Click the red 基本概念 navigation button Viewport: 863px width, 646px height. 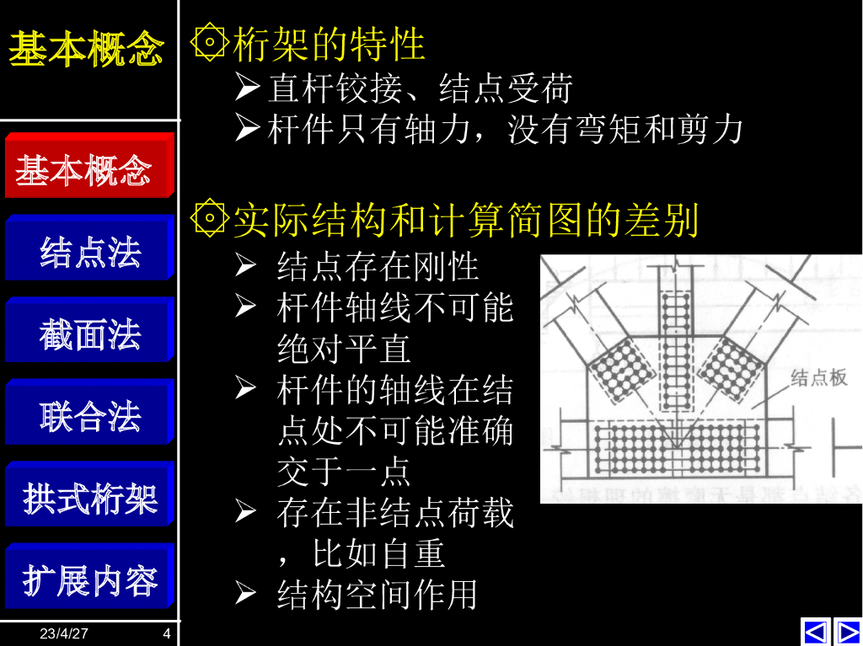pyautogui.click(x=88, y=168)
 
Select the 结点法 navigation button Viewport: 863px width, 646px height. pyautogui.click(x=88, y=250)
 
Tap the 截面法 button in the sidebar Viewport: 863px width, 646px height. pyautogui.click(x=88, y=333)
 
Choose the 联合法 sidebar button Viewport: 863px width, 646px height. pyautogui.click(x=88, y=414)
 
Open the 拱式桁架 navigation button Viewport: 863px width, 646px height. pyautogui.click(x=88, y=497)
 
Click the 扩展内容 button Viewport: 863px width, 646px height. pyautogui.click(x=88, y=579)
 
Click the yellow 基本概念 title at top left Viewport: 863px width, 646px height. pyautogui.click(x=85, y=49)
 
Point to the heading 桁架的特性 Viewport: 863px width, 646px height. pyautogui.click(x=329, y=44)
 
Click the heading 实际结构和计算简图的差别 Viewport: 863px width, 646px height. pyautogui.click(x=465, y=220)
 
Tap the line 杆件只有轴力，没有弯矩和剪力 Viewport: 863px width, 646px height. pyautogui.click(x=505, y=130)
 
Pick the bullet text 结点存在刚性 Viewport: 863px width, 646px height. pyautogui.click(x=378, y=266)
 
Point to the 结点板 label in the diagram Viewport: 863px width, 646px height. pyautogui.click(x=817, y=377)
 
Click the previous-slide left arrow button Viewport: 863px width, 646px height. pyautogui.click(x=815, y=631)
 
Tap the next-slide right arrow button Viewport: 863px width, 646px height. pyautogui.click(x=847, y=631)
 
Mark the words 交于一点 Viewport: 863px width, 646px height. pyautogui.click(x=343, y=472)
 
